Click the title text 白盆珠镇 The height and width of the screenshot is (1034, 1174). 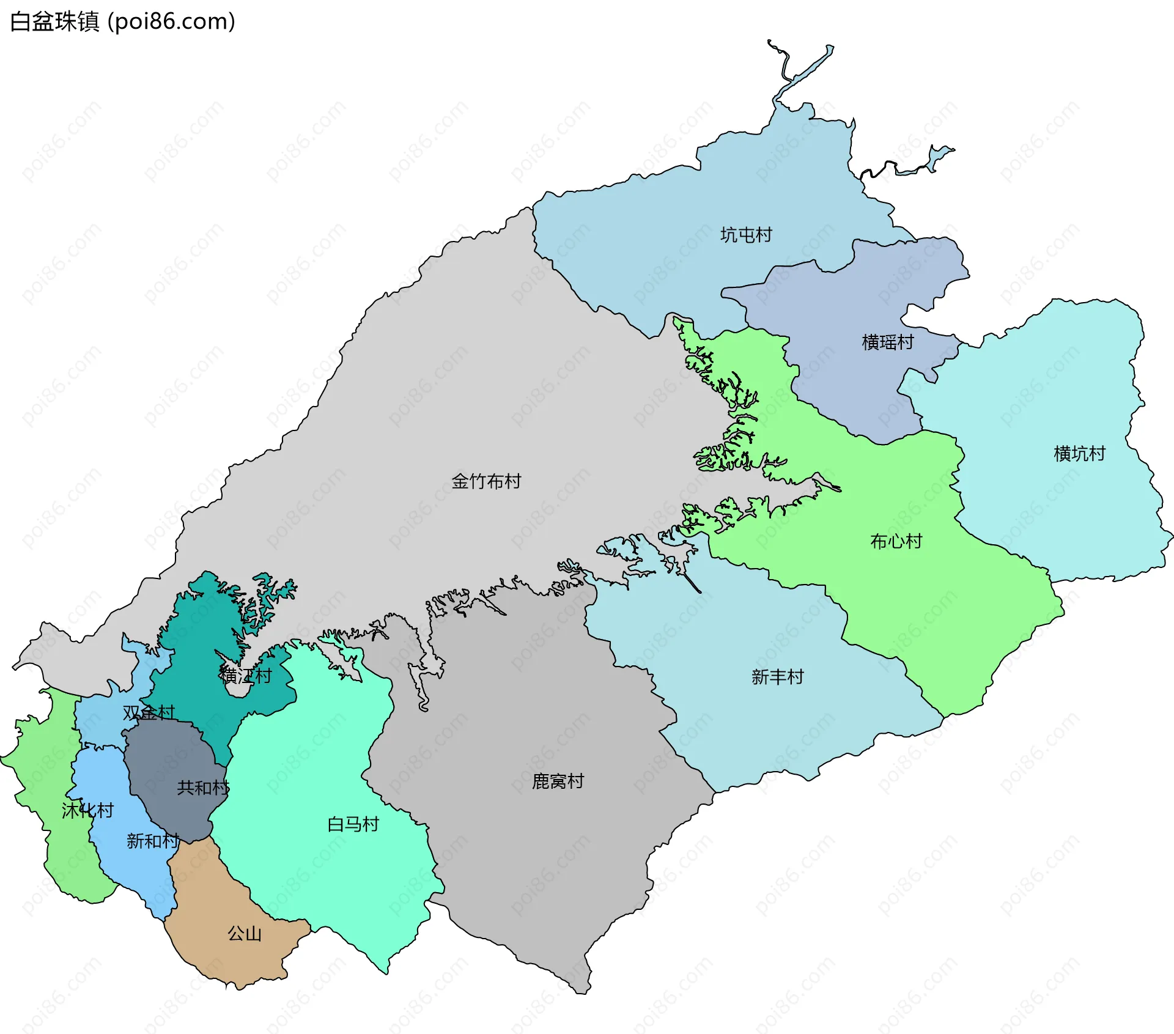pyautogui.click(x=55, y=22)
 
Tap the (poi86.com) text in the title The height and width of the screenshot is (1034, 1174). pyautogui.click(x=171, y=22)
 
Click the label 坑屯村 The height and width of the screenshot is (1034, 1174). pyautogui.click(x=746, y=235)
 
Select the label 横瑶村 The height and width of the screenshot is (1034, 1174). pyautogui.click(x=887, y=342)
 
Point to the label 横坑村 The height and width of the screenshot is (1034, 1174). pyautogui.click(x=1079, y=454)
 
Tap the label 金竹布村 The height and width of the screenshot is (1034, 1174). pyautogui.click(x=486, y=482)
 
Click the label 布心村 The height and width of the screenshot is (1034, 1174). pyautogui.click(x=896, y=542)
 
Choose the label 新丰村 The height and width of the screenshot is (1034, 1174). pyautogui.click(x=777, y=677)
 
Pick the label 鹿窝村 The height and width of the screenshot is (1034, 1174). pyautogui.click(x=558, y=781)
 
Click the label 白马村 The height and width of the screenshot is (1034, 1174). pyautogui.click(x=353, y=824)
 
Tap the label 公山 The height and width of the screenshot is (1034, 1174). pyautogui.click(x=245, y=934)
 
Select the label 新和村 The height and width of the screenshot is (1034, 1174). pyautogui.click(x=153, y=841)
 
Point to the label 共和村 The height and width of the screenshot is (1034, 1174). pyautogui.click(x=202, y=788)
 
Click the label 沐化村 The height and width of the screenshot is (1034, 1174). pyautogui.click(x=87, y=811)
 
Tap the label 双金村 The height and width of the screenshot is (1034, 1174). pyautogui.click(x=149, y=712)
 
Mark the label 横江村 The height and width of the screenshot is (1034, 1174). pyautogui.click(x=246, y=676)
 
